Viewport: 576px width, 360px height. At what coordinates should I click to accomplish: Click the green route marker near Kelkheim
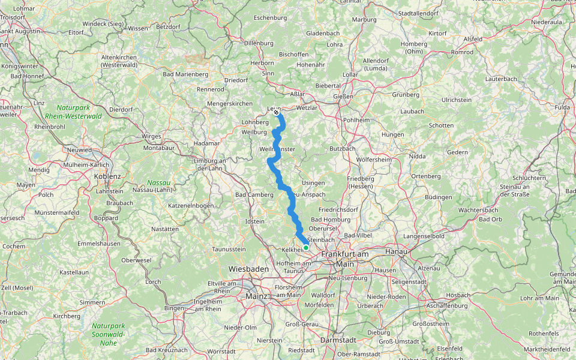click(306, 247)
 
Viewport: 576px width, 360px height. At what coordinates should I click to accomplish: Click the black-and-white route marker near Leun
click(276, 112)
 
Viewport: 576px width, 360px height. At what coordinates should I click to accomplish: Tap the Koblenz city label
click(107, 176)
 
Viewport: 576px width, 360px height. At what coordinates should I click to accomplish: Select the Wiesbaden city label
click(248, 269)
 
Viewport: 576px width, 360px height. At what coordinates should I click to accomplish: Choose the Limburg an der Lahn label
click(209, 164)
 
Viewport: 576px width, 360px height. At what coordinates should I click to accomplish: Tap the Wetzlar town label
click(307, 107)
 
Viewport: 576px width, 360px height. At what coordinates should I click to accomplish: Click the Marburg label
click(364, 19)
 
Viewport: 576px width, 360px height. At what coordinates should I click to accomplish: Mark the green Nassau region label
click(159, 182)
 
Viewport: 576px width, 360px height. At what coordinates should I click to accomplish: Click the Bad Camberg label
click(254, 195)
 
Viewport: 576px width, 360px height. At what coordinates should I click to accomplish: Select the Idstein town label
click(255, 221)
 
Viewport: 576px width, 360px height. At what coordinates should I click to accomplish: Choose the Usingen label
click(313, 183)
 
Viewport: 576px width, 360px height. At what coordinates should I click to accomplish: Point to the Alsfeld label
click(473, 39)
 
